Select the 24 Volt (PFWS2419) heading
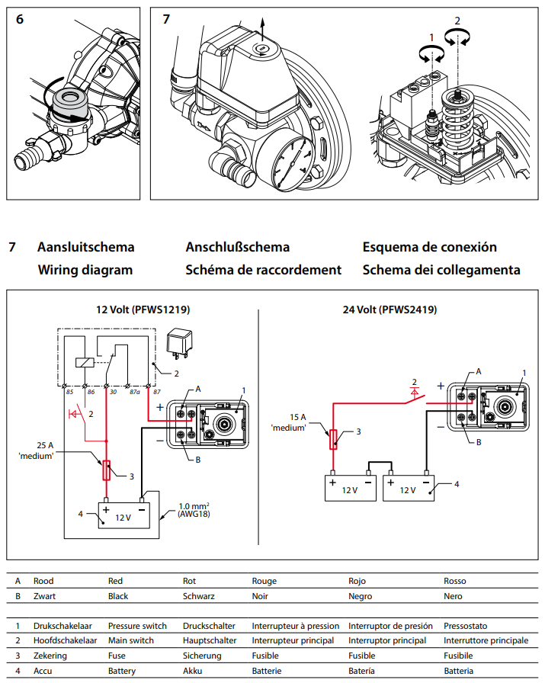click(390, 310)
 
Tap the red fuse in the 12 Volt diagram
click(106, 470)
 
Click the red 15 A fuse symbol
click(333, 440)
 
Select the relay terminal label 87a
click(135, 392)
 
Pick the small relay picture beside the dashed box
click(182, 341)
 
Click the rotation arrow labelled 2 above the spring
click(459, 35)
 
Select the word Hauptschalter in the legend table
click(210, 640)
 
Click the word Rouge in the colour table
click(264, 581)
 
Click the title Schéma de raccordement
click(263, 270)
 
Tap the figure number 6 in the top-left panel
click(20, 19)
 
